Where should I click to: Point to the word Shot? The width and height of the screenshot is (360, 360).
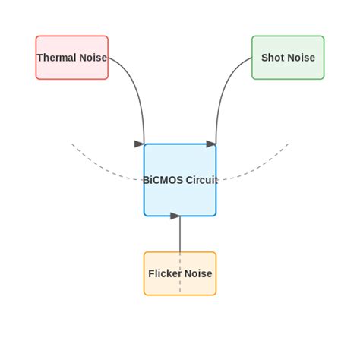[x=273, y=58]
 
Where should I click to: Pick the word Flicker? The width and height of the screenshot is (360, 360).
[x=164, y=274]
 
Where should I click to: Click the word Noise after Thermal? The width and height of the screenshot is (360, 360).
[x=93, y=58]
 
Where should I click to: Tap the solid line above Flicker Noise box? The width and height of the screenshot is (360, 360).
[x=180, y=235]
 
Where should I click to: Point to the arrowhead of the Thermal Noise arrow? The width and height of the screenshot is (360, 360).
[x=140, y=144]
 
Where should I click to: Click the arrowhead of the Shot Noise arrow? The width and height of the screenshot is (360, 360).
[x=211, y=144]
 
